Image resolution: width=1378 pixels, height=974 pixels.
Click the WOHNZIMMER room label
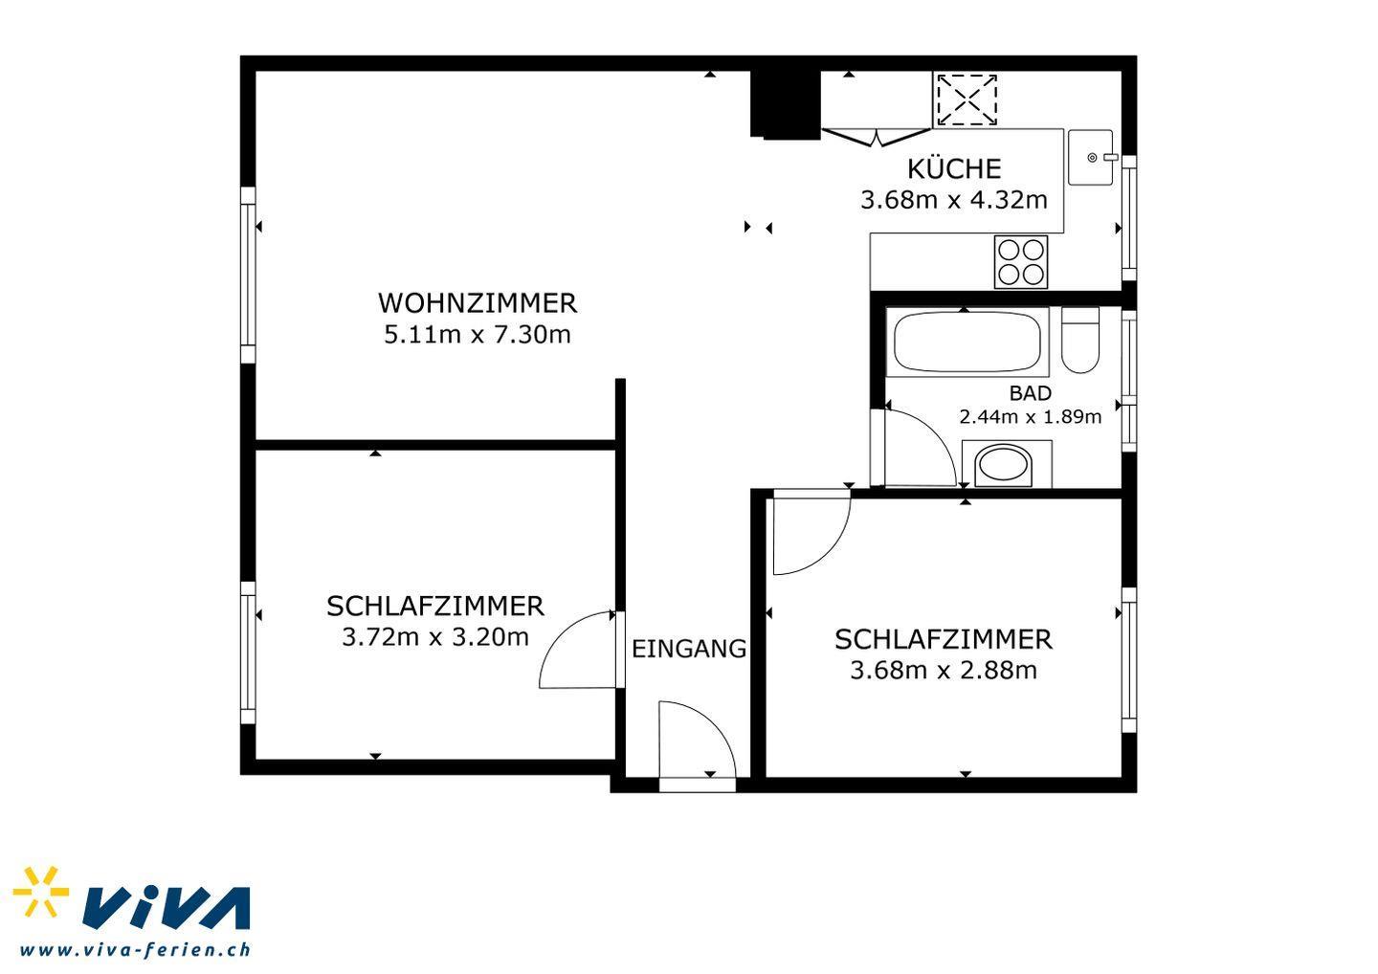(478, 303)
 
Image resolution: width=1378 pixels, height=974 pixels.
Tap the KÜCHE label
(954, 167)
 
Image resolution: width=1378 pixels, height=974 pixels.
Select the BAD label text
(1031, 393)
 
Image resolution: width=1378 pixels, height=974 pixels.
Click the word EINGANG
(689, 650)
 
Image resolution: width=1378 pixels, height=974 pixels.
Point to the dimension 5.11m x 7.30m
(478, 335)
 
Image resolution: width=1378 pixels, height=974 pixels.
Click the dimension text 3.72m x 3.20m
(435, 637)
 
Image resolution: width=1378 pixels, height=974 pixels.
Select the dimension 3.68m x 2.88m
(944, 671)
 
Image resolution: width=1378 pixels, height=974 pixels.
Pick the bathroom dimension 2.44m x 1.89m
(1031, 417)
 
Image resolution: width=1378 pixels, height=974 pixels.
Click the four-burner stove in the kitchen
(1021, 262)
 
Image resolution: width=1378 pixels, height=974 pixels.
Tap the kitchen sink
(1091, 158)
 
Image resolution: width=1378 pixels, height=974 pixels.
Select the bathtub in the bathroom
(967, 343)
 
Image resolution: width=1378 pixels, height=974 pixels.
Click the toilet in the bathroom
(1080, 340)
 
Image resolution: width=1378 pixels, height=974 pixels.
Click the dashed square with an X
(966, 100)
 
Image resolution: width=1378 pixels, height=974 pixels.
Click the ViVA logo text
(167, 908)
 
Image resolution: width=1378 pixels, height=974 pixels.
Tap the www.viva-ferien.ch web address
(135, 950)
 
